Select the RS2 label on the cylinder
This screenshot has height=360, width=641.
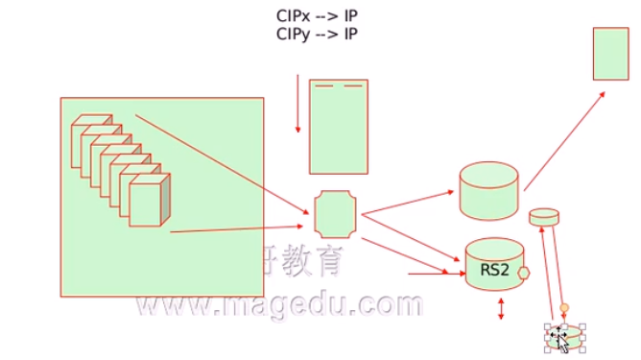[493, 271]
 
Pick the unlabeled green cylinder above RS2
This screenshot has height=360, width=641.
[489, 191]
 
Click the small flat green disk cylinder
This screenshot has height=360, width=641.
[543, 217]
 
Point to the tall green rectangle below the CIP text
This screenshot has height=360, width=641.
[338, 126]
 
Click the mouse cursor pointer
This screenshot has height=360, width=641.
[560, 339]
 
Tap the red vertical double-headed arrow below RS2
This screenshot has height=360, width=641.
[500, 309]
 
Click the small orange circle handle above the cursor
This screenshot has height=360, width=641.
[565, 308]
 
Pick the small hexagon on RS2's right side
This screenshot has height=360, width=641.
[524, 273]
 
